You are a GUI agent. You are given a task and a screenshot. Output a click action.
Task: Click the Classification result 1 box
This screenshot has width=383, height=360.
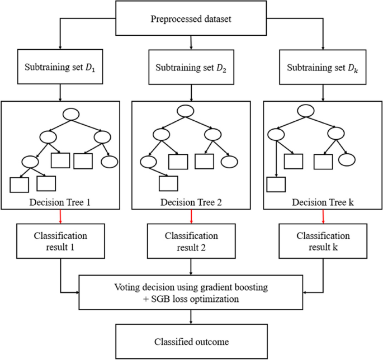[60, 240]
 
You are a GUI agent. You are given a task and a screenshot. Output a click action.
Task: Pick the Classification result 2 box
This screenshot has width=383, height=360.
[191, 240]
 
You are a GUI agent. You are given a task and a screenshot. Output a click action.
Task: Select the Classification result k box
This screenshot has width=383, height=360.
[323, 240]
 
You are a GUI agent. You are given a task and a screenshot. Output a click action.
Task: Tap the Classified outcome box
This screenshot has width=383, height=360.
[191, 340]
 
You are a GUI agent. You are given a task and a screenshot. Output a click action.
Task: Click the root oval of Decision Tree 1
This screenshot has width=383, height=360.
[71, 114]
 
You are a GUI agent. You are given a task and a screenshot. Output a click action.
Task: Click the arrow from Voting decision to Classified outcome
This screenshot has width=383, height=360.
[191, 315]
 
